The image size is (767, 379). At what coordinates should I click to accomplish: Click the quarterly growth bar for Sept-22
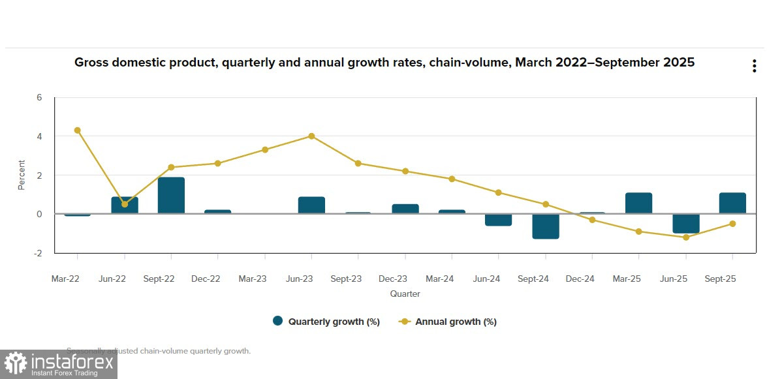tap(171, 196)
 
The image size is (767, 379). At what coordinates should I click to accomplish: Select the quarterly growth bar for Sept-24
tap(546, 226)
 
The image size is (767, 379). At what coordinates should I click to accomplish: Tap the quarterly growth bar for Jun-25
tap(686, 223)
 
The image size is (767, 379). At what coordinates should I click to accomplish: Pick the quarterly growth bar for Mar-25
tap(638, 204)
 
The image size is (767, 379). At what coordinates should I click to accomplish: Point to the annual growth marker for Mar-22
tap(78, 130)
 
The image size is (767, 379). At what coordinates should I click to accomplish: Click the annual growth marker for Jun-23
tap(311, 136)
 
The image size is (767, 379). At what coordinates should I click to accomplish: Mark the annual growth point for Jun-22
tap(125, 204)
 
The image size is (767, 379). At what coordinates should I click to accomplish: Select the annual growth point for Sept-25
tap(732, 224)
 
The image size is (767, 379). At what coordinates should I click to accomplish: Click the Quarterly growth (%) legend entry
tap(326, 322)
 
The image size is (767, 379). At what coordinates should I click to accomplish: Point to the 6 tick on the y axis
tap(39, 98)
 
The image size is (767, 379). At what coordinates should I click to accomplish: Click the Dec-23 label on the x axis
tap(393, 279)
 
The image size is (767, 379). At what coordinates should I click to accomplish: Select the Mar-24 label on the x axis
tap(440, 279)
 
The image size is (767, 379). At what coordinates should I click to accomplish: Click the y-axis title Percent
tap(22, 175)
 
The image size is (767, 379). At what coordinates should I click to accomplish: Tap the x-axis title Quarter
tap(405, 294)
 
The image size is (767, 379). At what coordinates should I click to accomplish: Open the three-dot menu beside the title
tap(754, 66)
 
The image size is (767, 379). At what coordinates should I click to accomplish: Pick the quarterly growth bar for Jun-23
tap(311, 205)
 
